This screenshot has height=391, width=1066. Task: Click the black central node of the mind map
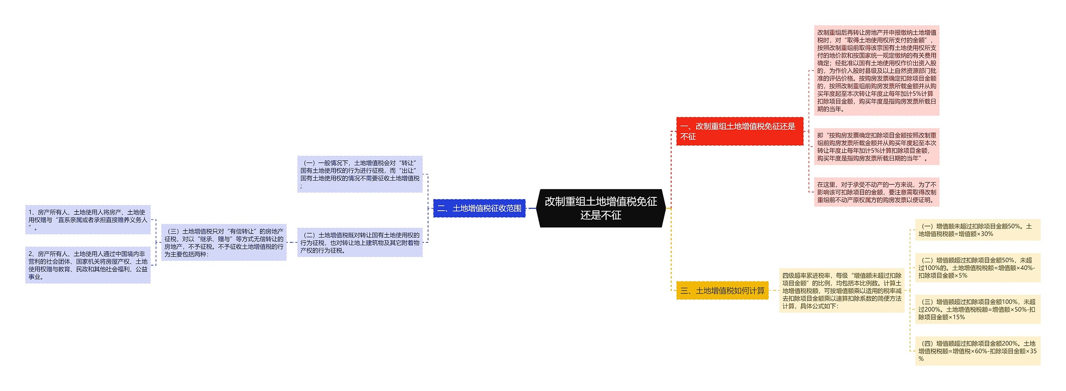[600, 208]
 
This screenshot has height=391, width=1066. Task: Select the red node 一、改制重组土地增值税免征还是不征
[739, 131]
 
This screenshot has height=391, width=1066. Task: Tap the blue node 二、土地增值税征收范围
[479, 208]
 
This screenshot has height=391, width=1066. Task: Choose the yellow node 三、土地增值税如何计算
[722, 291]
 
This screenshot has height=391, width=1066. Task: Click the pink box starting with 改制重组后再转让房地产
[877, 70]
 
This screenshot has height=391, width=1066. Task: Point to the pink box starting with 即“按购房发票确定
[877, 147]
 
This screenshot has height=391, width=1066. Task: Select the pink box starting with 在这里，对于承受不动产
[877, 192]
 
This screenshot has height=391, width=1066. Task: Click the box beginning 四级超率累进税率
[842, 291]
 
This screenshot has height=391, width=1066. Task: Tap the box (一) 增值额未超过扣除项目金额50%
[977, 230]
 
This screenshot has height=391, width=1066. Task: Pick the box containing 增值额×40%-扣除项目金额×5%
[977, 268]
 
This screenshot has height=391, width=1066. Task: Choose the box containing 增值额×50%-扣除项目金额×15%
[977, 309]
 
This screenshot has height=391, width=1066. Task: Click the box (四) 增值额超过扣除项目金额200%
[977, 351]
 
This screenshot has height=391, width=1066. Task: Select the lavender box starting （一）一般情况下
[360, 174]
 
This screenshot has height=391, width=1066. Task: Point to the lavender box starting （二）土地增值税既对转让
[360, 242]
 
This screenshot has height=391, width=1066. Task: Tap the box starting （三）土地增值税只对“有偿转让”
[224, 242]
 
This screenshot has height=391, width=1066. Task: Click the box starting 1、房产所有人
[88, 220]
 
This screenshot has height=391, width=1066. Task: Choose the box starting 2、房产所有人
[88, 265]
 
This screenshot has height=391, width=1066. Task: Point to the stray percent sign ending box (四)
[921, 359]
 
